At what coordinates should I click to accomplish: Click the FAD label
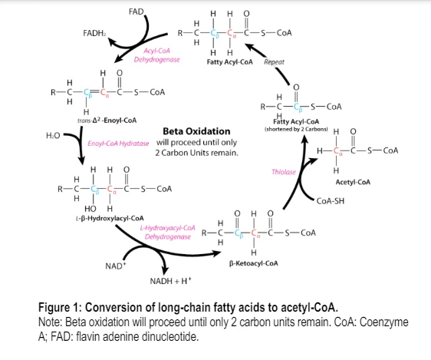tap(136, 12)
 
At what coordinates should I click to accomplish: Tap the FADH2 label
tap(94, 33)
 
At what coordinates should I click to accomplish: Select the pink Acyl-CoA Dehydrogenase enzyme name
tap(156, 55)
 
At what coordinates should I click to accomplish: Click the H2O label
tap(53, 135)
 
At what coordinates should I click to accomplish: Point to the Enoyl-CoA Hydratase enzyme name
tap(118, 144)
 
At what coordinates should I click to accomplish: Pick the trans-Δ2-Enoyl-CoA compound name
tap(107, 121)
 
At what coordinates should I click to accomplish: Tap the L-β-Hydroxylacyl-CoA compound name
tap(110, 218)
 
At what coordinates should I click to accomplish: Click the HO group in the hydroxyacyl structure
tap(90, 209)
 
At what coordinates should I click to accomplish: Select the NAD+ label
tap(116, 266)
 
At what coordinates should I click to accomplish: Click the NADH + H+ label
tap(170, 281)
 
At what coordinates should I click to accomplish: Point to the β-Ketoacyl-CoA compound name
tap(253, 263)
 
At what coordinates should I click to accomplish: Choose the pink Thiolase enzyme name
tap(284, 172)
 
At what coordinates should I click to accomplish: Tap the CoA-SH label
tap(330, 201)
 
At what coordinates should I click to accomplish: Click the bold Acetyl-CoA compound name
tap(353, 182)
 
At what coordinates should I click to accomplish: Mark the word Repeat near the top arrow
tap(274, 62)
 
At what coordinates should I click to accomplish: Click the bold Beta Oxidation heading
tap(196, 131)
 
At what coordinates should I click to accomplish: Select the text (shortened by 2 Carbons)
tap(296, 129)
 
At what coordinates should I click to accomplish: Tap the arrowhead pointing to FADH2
tap(111, 41)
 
